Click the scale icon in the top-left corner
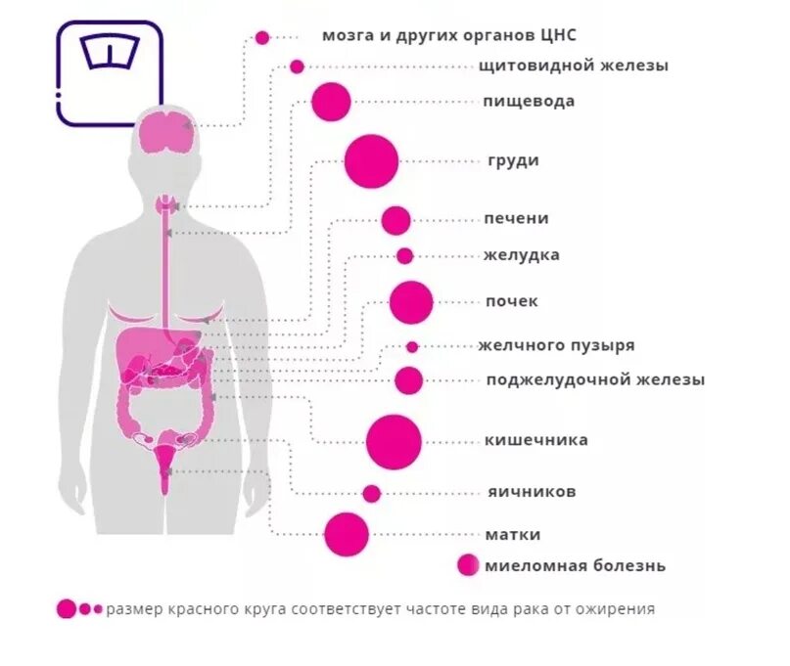click(x=109, y=72)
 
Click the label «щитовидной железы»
click(x=574, y=66)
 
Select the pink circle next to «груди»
click(x=372, y=160)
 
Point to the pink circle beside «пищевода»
click(x=331, y=102)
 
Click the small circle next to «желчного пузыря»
click(x=412, y=346)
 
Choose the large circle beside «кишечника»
click(x=394, y=441)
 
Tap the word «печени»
click(x=516, y=218)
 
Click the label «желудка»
click(x=521, y=255)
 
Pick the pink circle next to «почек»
click(x=411, y=302)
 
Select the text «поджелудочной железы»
click(x=595, y=379)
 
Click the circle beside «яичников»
click(x=371, y=493)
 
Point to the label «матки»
click(x=512, y=534)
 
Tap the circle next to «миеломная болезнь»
click(x=469, y=565)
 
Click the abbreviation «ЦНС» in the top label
click(x=556, y=35)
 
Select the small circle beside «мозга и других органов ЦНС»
click(x=262, y=37)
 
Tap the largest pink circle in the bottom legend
click(x=67, y=608)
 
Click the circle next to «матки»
click(x=347, y=534)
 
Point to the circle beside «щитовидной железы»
click(x=297, y=67)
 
